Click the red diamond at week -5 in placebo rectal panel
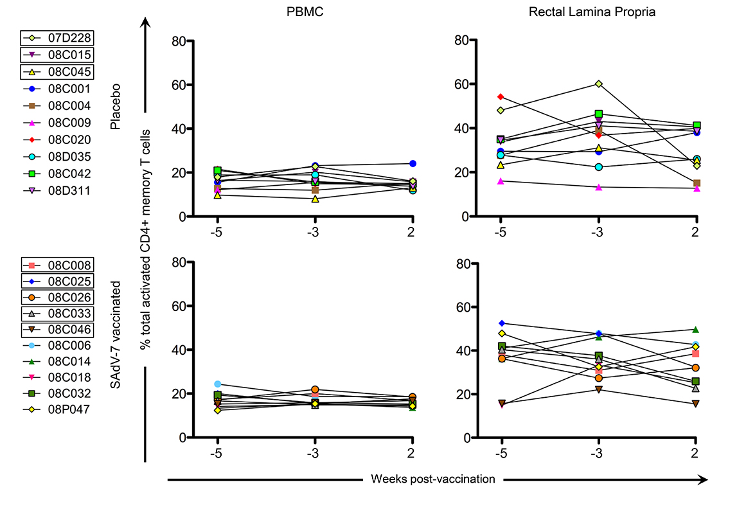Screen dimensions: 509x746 501,97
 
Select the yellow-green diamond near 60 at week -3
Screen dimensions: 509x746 598,84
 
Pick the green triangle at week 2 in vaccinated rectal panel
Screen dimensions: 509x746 695,330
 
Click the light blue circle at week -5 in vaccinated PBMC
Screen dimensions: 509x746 218,384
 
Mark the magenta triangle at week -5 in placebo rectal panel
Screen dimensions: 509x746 501,181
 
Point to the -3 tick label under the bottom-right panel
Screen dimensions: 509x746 598,452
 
